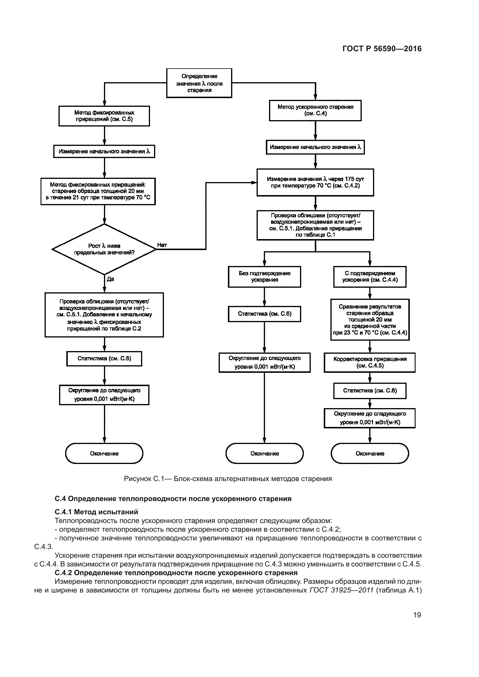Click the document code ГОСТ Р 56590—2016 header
coord(382,49)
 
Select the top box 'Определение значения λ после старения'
coord(199,83)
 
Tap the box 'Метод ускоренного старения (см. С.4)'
coord(315,110)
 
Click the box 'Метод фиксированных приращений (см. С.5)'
coord(104,116)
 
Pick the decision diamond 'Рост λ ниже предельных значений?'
coord(104,249)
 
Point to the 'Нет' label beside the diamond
coord(162,245)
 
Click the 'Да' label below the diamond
coord(110,279)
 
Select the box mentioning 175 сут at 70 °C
coord(315,182)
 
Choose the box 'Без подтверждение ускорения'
coord(264,277)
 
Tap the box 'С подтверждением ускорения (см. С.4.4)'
coord(370,277)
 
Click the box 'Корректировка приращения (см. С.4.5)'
coord(370,362)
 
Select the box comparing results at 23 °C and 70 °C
coord(370,320)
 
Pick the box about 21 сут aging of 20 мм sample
coord(98,191)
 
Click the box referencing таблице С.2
coord(104,315)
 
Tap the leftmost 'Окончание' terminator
coord(104,454)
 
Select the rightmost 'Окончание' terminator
coord(370,454)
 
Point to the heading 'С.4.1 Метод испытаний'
coord(96,512)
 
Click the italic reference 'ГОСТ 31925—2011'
coord(341,590)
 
